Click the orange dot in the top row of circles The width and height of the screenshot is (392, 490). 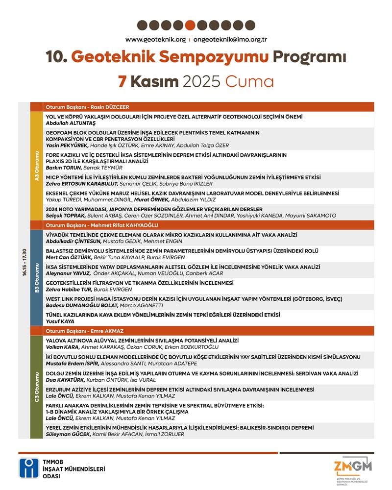[x=191, y=25]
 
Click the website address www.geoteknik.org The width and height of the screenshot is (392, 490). [x=155, y=39]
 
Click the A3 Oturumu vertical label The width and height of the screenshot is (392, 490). [x=37, y=167]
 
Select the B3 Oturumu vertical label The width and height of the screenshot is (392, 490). [x=37, y=278]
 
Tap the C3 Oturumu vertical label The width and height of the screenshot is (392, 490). [x=37, y=387]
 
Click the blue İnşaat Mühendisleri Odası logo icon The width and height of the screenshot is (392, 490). [x=28, y=468]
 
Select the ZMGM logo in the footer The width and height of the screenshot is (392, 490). [x=353, y=468]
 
